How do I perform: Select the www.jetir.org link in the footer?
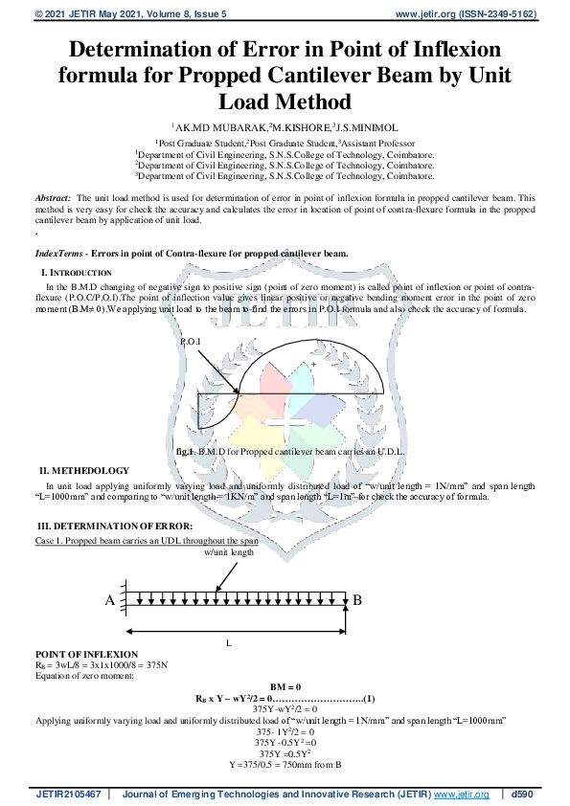pos(463,795)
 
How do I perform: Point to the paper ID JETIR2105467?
pos(68,795)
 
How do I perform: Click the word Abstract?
pos(54,196)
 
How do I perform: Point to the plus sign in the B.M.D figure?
pos(312,365)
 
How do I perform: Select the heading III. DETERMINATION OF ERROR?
pos(115,526)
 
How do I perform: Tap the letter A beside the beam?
pos(109,600)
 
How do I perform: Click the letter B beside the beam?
pos(357,600)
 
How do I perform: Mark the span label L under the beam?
pos(228,643)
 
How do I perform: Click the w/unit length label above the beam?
pos(229,552)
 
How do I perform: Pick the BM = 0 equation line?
pos(285,687)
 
